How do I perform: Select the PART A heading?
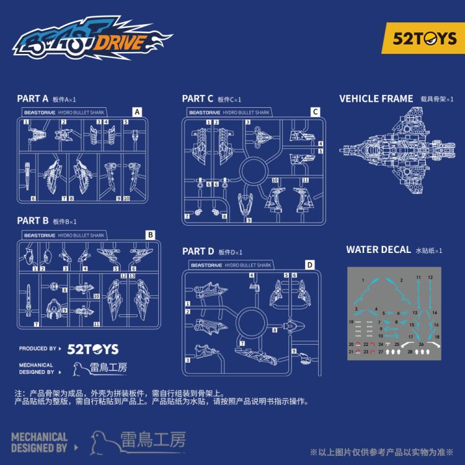32,99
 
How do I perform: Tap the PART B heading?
32,221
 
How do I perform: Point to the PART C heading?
198,99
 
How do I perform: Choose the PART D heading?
198,251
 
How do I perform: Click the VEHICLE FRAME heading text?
376,99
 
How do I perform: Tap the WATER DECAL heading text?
378,250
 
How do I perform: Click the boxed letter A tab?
137,112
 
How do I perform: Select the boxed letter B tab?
149,235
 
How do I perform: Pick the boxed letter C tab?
315,112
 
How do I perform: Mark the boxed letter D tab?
309,265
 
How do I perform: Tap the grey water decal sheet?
394,313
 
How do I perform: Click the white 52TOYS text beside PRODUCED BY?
92,349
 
